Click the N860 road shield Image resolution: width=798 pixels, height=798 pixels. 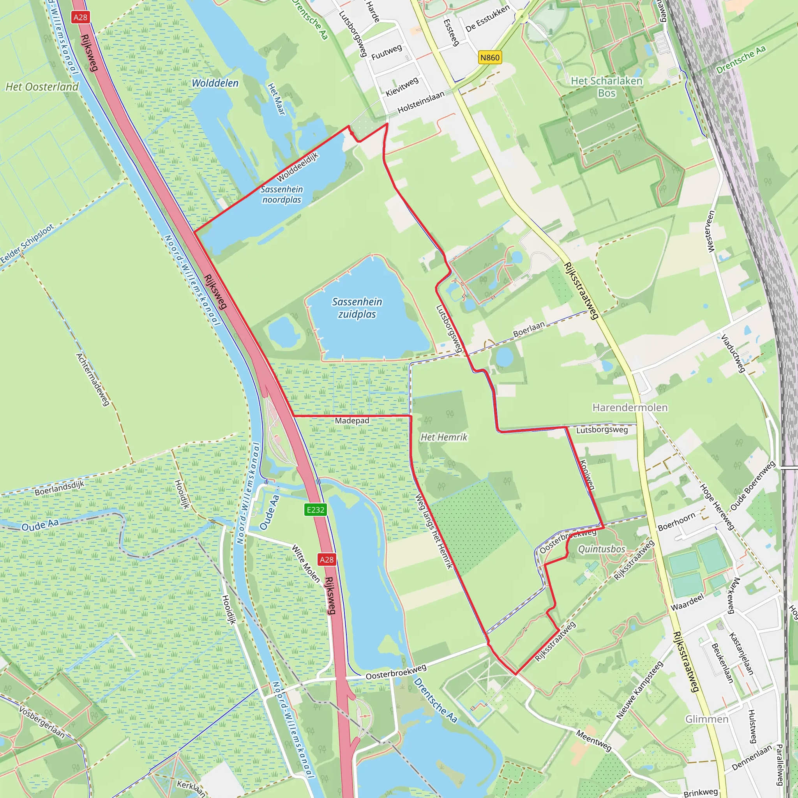(x=490, y=57)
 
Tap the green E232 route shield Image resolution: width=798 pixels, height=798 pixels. (x=316, y=510)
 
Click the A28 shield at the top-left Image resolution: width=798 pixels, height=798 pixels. (x=80, y=17)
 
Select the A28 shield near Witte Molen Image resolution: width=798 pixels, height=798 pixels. (x=326, y=560)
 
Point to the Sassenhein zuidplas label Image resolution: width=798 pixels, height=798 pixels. (x=357, y=308)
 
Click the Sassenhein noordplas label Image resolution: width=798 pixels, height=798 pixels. (x=282, y=194)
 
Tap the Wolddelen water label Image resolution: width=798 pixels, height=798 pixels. (x=215, y=83)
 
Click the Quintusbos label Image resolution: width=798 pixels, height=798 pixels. (x=601, y=549)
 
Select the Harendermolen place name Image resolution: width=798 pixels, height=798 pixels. (x=630, y=408)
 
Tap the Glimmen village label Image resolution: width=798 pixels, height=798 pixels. (x=707, y=719)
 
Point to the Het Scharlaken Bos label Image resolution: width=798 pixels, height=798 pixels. (x=606, y=87)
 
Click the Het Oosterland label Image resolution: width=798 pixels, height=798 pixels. (x=42, y=87)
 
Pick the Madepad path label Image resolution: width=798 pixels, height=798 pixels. (x=352, y=420)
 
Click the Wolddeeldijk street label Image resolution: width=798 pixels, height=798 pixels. (x=297, y=166)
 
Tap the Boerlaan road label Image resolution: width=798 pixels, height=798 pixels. (x=529, y=329)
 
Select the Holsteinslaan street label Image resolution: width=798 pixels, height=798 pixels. (x=421, y=102)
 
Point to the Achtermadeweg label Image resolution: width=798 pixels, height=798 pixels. (x=92, y=379)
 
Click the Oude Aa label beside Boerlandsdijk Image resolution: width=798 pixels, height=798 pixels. (x=40, y=525)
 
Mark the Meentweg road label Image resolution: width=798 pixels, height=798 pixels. (x=593, y=741)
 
